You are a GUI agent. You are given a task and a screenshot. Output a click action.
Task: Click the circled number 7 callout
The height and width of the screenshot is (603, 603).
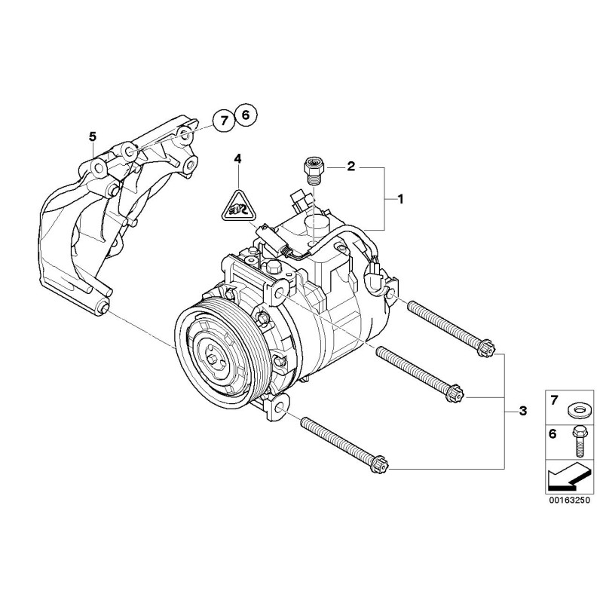click(222, 119)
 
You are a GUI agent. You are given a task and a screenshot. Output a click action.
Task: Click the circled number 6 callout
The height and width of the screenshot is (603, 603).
click(246, 115)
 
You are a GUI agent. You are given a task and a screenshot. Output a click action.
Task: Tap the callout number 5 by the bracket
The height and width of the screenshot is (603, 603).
click(93, 136)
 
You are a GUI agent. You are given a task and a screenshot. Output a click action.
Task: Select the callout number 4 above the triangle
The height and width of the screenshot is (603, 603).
click(237, 159)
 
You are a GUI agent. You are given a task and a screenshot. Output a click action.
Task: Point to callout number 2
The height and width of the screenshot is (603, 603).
click(351, 167)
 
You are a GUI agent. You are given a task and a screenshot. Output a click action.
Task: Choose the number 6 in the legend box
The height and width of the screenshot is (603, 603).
click(552, 435)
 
